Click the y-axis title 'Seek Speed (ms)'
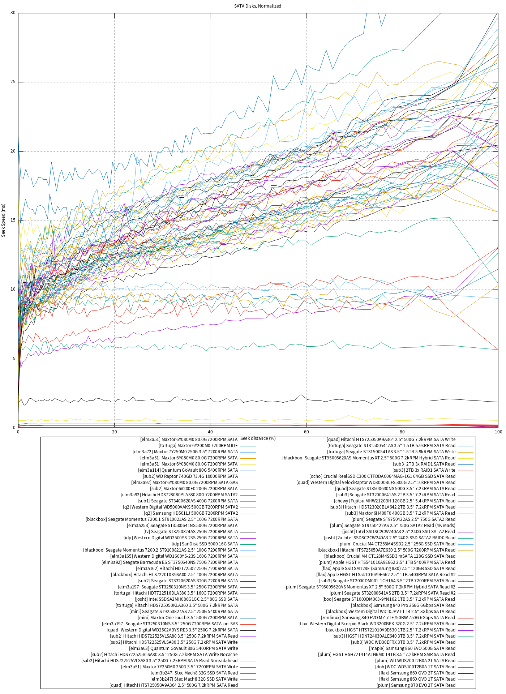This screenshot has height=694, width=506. (4, 220)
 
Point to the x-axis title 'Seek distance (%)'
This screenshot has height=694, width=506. (258, 438)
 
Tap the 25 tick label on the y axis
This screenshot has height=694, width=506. (13, 82)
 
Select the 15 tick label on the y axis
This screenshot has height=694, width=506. (13, 220)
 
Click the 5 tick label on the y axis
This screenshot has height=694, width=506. (14, 359)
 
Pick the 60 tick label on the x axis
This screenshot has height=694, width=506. (306, 432)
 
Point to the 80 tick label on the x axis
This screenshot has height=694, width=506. (402, 432)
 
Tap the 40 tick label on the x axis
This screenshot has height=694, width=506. (210, 432)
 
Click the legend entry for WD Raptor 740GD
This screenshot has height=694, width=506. (190, 476)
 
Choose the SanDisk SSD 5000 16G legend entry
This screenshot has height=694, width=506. (205, 544)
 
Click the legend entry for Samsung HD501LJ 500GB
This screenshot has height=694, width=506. (191, 513)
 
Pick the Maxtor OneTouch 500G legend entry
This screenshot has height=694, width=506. (188, 618)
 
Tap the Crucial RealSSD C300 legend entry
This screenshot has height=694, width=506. (382, 476)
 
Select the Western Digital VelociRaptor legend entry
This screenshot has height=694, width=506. (376, 483)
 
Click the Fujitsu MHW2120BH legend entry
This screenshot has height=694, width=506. (395, 501)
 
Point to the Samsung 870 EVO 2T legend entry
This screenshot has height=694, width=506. (416, 685)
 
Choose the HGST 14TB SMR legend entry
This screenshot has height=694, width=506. (387, 655)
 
